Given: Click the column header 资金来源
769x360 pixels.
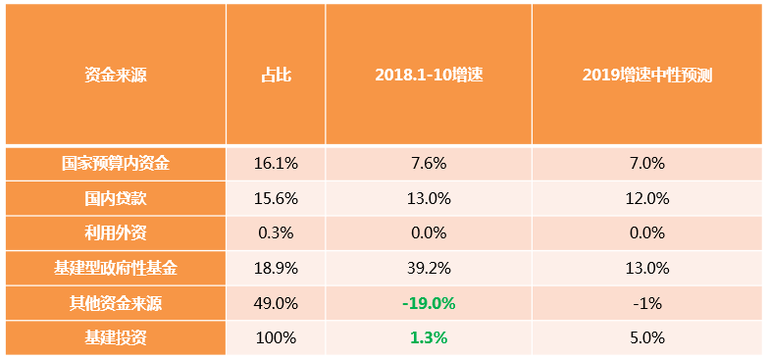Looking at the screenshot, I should pyautogui.click(x=115, y=75).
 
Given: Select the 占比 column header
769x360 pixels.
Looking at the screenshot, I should pyautogui.click(x=276, y=75).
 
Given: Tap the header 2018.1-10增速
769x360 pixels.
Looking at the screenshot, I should pyautogui.click(x=428, y=75).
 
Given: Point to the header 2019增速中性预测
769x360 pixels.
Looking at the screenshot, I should pyautogui.click(x=646, y=75).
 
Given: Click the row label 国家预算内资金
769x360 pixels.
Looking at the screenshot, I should pyautogui.click(x=115, y=164).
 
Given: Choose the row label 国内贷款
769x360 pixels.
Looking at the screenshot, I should pyautogui.click(x=115, y=198).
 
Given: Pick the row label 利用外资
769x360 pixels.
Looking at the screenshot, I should pyautogui.click(x=115, y=233).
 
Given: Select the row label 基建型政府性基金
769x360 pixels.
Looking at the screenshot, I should pyautogui.click(x=115, y=268).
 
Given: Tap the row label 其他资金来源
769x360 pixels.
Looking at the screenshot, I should pyautogui.click(x=115, y=303).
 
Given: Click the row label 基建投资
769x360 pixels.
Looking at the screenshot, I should pyautogui.click(x=115, y=337).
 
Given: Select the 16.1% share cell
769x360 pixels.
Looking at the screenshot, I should pyautogui.click(x=276, y=164).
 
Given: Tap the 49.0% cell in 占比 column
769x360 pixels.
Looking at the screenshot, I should pyautogui.click(x=276, y=303).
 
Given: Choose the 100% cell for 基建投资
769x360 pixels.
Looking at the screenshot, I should pyautogui.click(x=276, y=337).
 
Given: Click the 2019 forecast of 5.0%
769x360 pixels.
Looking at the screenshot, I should pyautogui.click(x=647, y=337).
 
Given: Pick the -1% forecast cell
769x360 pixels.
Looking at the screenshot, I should pyautogui.click(x=647, y=303).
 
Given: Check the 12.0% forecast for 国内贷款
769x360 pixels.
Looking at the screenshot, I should pyautogui.click(x=647, y=198).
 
